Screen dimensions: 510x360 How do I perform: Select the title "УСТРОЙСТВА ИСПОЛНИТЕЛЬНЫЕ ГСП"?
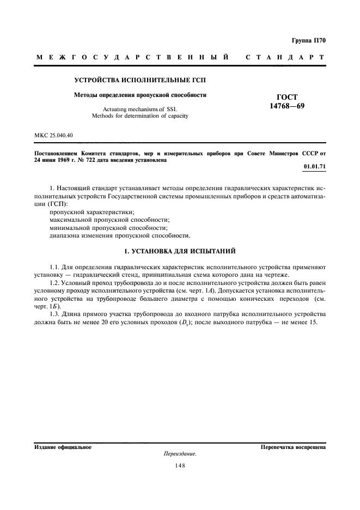140,81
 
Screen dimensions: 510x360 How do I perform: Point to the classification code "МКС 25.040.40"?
53,134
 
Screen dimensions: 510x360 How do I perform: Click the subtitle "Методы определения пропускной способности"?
140,95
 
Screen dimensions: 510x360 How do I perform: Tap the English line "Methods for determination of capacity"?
141,116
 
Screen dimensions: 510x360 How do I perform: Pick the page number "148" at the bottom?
180,465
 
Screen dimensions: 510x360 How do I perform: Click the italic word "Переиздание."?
180,454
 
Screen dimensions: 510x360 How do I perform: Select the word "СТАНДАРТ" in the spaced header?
285,57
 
